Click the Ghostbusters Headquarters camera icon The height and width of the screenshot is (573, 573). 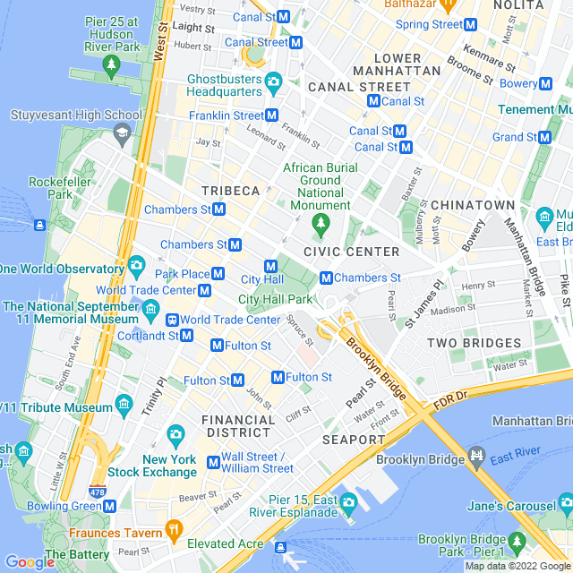[274, 83]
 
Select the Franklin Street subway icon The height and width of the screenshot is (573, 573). [272, 115]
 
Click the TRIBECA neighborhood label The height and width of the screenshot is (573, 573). [230, 191]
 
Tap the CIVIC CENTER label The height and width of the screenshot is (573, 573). [351, 252]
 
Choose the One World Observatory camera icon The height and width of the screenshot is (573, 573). [136, 265]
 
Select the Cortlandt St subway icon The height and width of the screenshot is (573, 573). [186, 336]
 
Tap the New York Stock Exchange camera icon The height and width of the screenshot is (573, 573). [175, 434]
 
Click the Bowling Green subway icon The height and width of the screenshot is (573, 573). [109, 506]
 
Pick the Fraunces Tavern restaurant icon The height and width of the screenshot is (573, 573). [174, 532]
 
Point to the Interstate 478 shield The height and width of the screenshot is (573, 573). [97, 492]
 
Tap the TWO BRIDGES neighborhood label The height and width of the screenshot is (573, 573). [474, 343]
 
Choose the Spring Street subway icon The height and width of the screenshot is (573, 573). [470, 24]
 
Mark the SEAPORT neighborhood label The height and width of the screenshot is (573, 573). [353, 440]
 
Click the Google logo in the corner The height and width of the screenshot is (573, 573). [30, 562]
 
